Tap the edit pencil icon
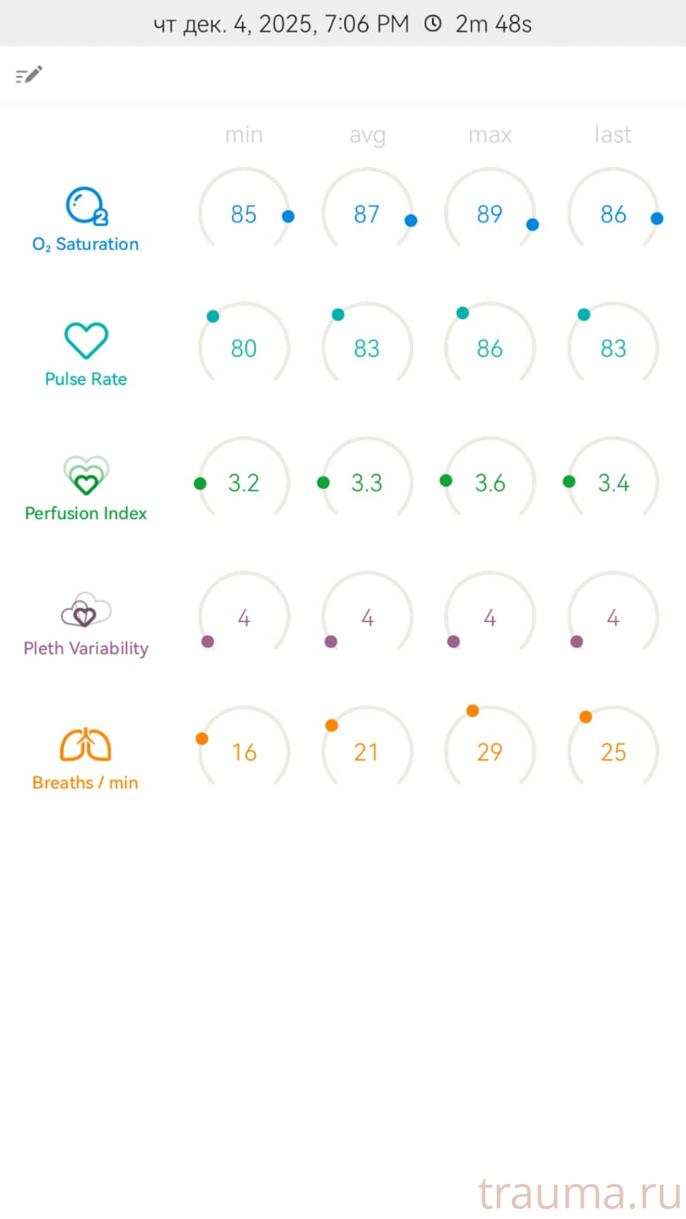(29, 75)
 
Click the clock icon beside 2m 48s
(433, 24)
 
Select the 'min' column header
(243, 135)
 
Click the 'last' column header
(613, 135)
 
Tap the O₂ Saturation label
(85, 244)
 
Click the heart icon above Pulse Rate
(85, 340)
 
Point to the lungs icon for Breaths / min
(85, 745)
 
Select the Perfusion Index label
(85, 513)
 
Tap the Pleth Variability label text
(85, 648)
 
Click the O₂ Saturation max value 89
(489, 214)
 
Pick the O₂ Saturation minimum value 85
(243, 214)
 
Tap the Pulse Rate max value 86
(489, 348)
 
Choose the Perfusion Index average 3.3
(366, 483)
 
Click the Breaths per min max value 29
(489, 752)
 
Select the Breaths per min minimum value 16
(243, 752)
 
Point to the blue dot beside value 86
(656, 218)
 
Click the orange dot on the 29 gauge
(472, 711)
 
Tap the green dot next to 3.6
(446, 480)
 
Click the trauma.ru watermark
(579, 1193)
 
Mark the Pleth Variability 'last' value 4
(613, 618)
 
